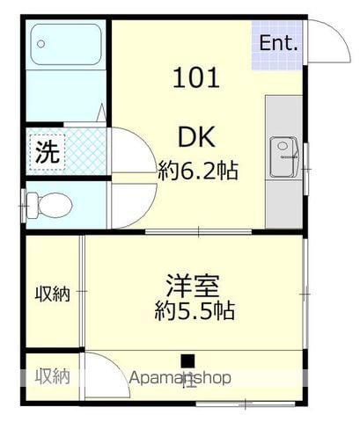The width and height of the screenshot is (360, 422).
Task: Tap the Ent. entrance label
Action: (278, 41)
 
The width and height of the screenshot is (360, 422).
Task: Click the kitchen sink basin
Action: (283, 149)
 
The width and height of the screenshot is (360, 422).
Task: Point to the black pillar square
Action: (187, 360)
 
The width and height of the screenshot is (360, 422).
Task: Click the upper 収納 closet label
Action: (52, 293)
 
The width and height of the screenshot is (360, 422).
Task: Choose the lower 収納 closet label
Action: (52, 375)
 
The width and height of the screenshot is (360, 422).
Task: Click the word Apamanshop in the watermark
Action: (180, 378)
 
